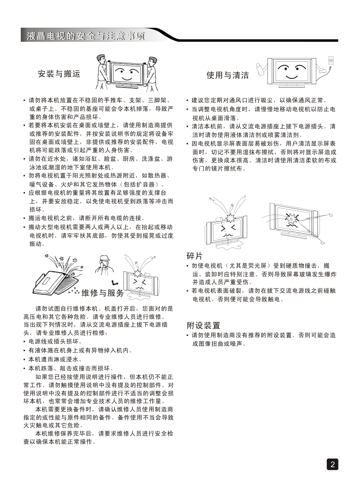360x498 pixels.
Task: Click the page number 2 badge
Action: (x=332, y=464)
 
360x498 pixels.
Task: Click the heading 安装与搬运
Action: (x=59, y=74)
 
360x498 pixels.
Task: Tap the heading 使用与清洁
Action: (x=228, y=75)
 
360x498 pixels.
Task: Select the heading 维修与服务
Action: (x=103, y=293)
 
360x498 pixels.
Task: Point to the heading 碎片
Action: (x=194, y=256)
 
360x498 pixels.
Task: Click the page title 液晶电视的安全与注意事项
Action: (x=86, y=36)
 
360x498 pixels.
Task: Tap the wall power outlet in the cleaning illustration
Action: (x=331, y=60)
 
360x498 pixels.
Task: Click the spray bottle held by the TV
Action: (x=260, y=69)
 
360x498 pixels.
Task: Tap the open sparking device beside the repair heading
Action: (x=58, y=277)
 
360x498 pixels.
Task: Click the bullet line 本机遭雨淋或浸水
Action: (x=53, y=359)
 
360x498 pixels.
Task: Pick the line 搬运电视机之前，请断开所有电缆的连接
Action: (x=84, y=218)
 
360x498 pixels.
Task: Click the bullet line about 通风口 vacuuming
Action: (x=257, y=100)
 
